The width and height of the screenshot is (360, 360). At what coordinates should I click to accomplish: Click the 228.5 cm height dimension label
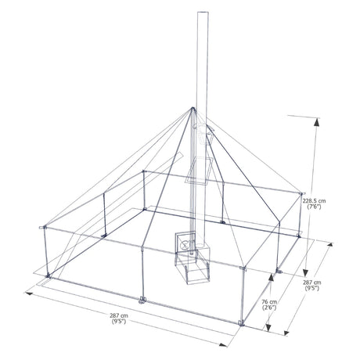314,200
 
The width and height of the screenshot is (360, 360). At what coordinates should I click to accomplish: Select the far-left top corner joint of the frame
43,228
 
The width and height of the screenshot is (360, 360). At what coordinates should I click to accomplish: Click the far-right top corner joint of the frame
302,193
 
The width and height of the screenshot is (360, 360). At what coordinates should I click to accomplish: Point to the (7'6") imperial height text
314,207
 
